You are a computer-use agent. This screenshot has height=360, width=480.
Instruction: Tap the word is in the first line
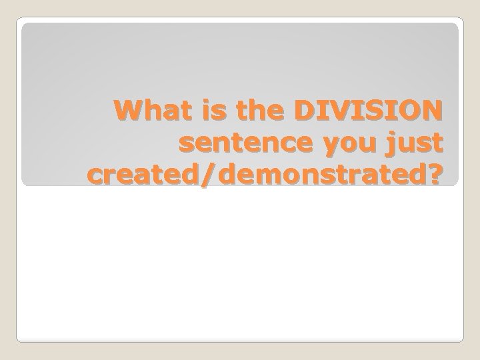[x=202, y=111]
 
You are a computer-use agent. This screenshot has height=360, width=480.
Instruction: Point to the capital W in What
[x=125, y=111]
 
